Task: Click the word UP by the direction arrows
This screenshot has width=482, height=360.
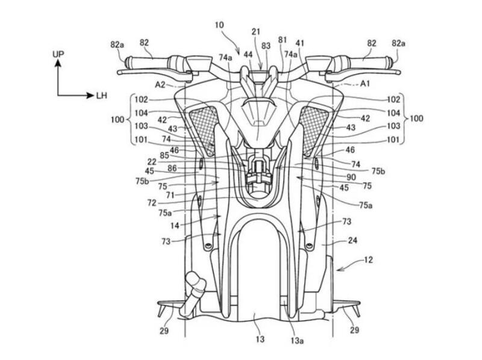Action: [58, 54]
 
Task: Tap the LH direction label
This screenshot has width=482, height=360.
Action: [102, 95]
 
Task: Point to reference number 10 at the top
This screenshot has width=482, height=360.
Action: [219, 26]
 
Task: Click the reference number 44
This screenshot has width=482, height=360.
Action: [248, 54]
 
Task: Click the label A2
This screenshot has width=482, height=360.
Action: [160, 85]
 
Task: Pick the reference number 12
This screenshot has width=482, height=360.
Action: [368, 261]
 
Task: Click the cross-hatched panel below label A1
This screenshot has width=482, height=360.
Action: [315, 128]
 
